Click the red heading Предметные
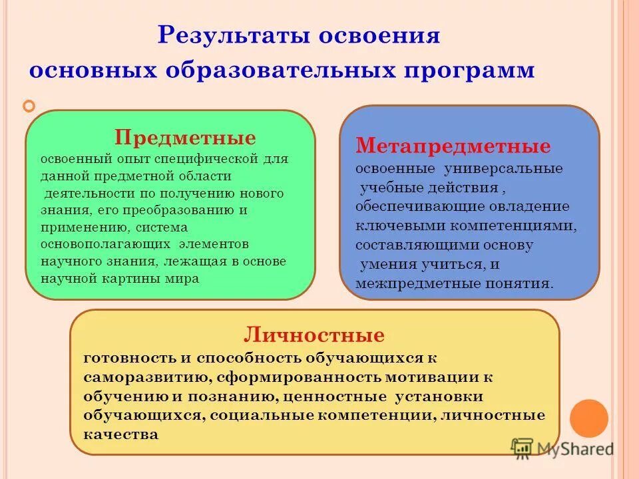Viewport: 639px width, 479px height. pyautogui.click(x=185, y=138)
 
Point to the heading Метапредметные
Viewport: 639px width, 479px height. pyautogui.click(x=453, y=146)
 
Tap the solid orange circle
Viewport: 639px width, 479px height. pyautogui.click(x=589, y=418)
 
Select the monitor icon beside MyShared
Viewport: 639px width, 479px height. pyautogui.click(x=523, y=448)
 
